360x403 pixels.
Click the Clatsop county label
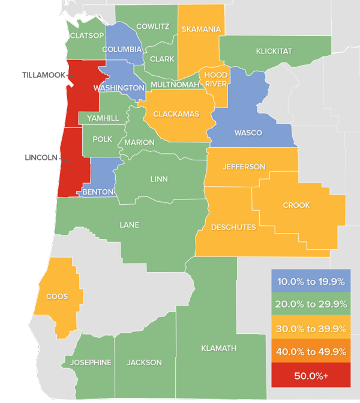click(87, 36)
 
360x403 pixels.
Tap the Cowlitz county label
click(153, 26)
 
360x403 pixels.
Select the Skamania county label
click(200, 29)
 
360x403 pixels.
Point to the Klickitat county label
click(274, 52)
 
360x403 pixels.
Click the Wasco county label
click(248, 133)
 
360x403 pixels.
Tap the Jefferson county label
click(244, 166)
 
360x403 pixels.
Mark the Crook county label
click(296, 205)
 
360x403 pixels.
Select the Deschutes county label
click(233, 227)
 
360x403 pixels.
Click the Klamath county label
click(219, 348)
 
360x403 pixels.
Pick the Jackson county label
click(145, 363)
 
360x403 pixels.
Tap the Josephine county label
click(91, 363)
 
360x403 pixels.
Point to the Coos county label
click(56, 297)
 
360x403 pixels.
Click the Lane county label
click(130, 225)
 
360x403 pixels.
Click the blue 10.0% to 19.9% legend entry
click(310, 280)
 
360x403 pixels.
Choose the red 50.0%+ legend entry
click(310, 376)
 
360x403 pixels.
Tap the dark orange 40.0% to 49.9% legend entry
click(310, 352)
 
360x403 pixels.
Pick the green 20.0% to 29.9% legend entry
click(310, 305)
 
